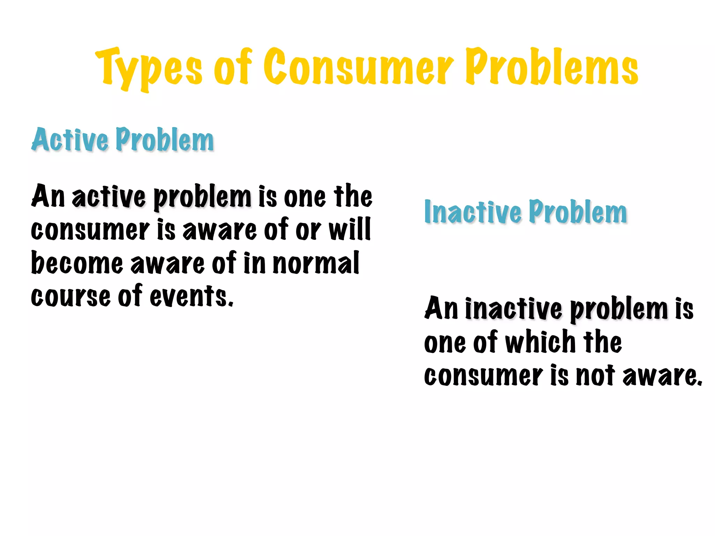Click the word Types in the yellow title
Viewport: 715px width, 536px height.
pyautogui.click(x=148, y=68)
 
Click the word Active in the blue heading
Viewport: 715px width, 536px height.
pyautogui.click(x=70, y=140)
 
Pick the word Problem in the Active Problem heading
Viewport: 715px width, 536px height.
pyautogui.click(x=164, y=140)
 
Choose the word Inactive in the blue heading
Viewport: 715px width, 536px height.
pyautogui.click(x=473, y=212)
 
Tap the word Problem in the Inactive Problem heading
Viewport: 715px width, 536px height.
pyautogui.click(x=578, y=212)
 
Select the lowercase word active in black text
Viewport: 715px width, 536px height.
pyautogui.click(x=109, y=196)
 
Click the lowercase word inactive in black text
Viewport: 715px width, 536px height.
pyautogui.click(x=514, y=309)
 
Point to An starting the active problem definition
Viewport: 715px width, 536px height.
pyautogui.click(x=48, y=196)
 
